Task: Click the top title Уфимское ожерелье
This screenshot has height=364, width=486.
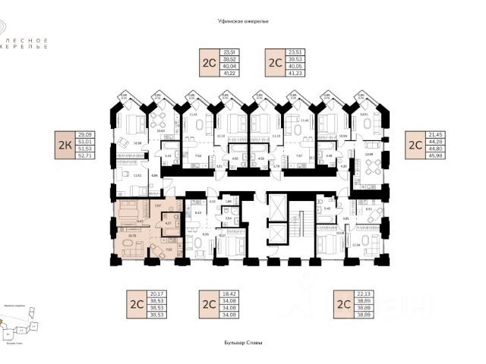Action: [x=243, y=22]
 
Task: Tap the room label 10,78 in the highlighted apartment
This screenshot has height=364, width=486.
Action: [x=132, y=236]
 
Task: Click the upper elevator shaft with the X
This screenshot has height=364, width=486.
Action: [x=278, y=205]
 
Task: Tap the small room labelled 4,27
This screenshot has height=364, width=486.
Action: [x=169, y=223]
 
